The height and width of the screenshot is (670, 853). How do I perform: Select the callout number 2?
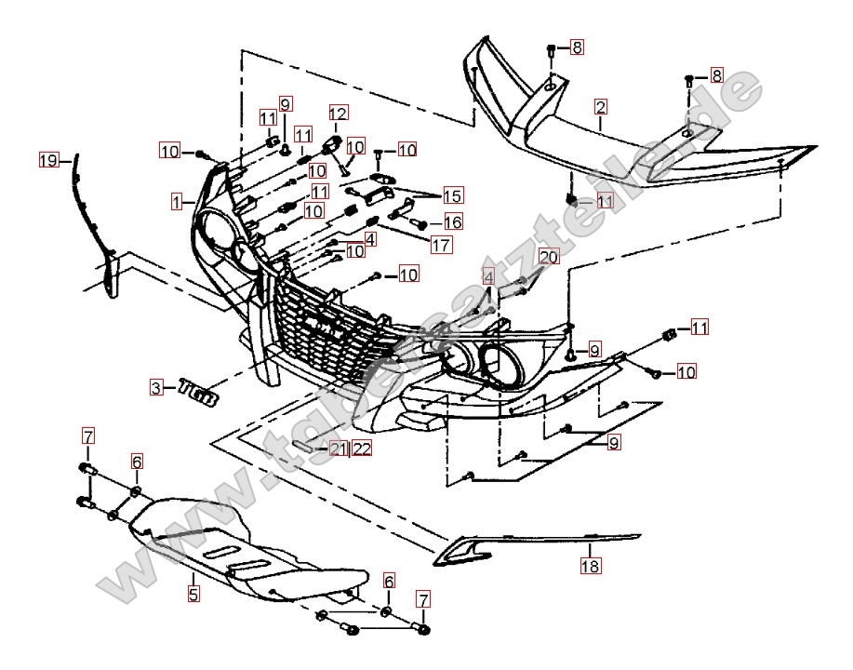coord(601,107)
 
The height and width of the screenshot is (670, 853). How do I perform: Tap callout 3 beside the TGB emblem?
coord(158,386)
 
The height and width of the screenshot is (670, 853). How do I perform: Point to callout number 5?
coord(193,592)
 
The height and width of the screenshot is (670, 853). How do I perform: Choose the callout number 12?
coord(337,114)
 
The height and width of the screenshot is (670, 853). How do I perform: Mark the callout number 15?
coord(453,195)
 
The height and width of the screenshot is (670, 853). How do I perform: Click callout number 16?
coord(453,221)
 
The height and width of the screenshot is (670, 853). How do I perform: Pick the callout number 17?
coord(441,246)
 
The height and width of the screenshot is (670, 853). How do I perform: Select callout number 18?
coord(591,565)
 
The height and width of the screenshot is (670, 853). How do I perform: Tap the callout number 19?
coord(48,160)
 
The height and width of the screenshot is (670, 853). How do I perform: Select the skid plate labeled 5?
coord(251,549)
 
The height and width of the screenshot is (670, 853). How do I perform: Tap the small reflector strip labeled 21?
coord(306,447)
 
